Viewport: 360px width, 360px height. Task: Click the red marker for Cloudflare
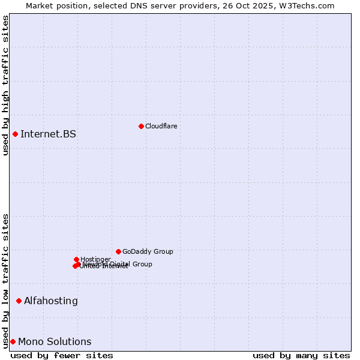pos(141,126)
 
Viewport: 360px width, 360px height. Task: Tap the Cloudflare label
pos(161,126)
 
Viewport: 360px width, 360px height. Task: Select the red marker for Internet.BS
pos(15,134)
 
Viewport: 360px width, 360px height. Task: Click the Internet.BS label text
pos(48,134)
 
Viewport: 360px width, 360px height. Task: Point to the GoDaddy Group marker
pos(118,251)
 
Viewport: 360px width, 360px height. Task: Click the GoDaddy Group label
pos(148,251)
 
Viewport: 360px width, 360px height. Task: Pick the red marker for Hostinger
pos(76,259)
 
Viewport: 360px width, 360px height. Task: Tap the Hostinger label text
pos(95,259)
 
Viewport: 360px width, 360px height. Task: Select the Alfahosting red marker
pos(19,301)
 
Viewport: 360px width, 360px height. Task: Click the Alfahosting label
pos(50,301)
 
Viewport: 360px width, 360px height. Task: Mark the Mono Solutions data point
pos(13,341)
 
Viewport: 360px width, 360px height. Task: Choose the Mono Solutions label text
pos(55,341)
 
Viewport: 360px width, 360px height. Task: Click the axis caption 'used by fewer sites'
pos(62,355)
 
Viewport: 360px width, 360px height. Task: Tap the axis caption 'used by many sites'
pos(301,355)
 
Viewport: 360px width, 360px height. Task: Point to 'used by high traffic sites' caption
pos(5,85)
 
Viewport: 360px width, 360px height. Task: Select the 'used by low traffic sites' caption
pos(5,280)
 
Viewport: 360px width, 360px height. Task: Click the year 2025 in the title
pos(269,5)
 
